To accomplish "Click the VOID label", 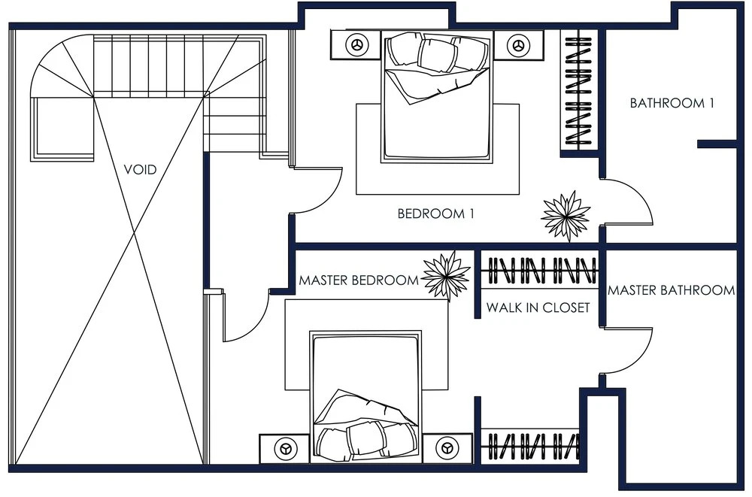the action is pos(140,169).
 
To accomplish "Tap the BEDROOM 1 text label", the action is pos(436,214).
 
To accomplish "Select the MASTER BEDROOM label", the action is pos(359,280).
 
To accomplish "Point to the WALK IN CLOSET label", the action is pos(538,308).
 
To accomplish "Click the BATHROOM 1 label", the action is pos(672,103).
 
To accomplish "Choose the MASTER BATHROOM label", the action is pos(671,290).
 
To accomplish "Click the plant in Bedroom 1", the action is pos(566,215).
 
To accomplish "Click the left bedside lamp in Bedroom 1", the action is pos(356,45).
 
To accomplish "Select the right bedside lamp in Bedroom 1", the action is pos(517,45).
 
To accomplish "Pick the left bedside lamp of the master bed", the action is pos(286,449).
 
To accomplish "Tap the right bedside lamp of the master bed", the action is pos(447,449).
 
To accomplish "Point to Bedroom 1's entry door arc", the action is pos(331,199).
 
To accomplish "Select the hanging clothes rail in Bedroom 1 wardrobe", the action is pos(579,91).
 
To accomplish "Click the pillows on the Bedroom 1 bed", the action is pos(438,53).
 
